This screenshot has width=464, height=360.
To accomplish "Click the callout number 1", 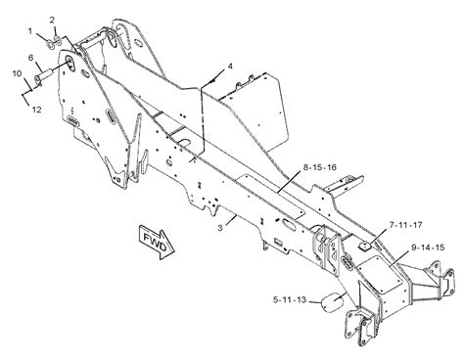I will pyautogui.click(x=31, y=31).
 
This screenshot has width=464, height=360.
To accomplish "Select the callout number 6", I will pyautogui.click(x=30, y=59).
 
